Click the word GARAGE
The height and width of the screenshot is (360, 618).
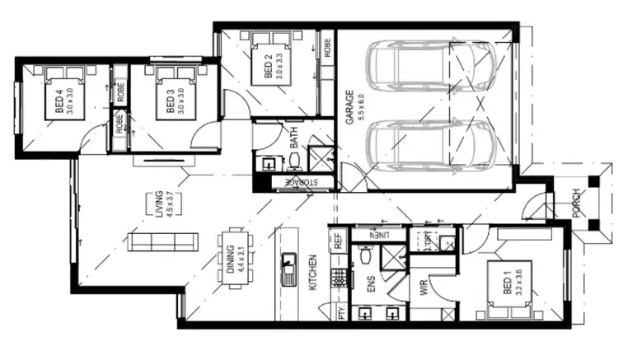point(350,107)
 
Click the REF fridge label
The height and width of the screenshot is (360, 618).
point(337,243)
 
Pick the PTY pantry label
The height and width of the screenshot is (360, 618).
point(339,313)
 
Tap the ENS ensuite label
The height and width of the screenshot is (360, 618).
point(370,285)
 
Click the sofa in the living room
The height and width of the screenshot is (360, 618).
point(164,241)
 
